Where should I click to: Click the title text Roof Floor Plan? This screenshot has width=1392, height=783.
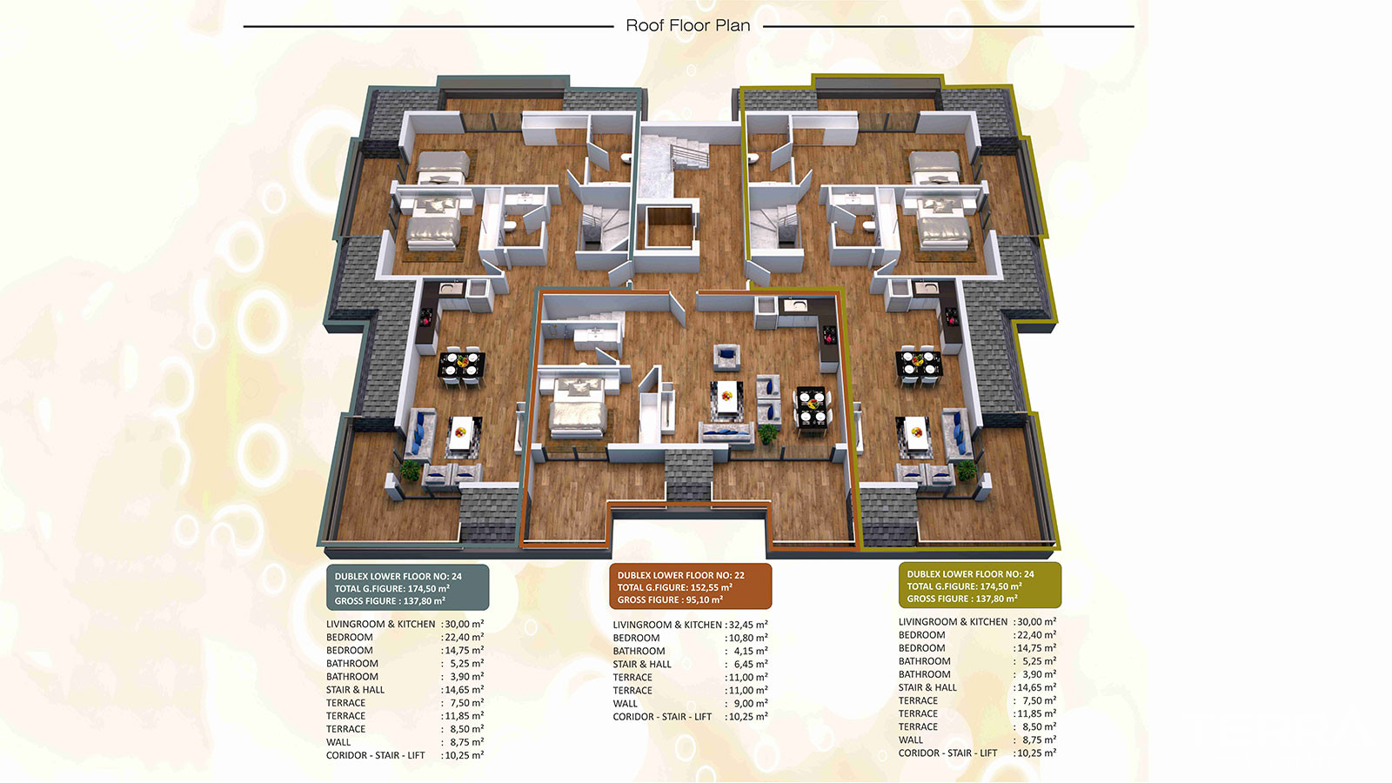coord(688,25)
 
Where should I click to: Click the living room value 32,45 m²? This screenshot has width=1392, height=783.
coord(749,625)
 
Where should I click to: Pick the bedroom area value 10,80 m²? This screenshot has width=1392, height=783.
coord(749,638)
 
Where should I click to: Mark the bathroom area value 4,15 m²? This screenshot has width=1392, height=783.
coord(751,651)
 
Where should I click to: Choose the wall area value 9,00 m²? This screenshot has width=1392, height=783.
coord(751,704)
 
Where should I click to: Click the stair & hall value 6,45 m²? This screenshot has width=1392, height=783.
coord(751,664)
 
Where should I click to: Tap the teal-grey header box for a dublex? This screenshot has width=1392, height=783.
coord(408,588)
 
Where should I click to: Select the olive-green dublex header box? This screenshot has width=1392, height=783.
coord(980,586)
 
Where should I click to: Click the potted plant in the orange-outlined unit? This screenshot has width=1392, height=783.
coord(768,432)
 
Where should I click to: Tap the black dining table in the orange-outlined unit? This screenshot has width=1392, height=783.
coord(812,407)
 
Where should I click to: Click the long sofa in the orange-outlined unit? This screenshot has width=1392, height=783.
coord(726,432)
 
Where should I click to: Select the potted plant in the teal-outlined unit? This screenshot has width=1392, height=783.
coord(410,470)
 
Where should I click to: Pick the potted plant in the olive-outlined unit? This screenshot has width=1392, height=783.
coord(966,470)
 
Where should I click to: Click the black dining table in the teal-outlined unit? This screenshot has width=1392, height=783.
coord(462,365)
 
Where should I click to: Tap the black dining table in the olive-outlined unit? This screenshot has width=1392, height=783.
coord(918,365)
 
